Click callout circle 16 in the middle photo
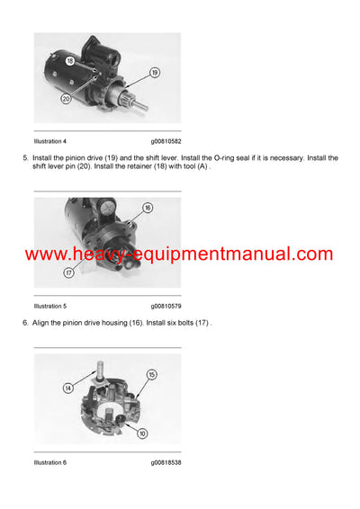tap(148, 208)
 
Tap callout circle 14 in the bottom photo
tap(67, 388)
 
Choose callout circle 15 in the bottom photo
tap(152, 374)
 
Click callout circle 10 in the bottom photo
tap(142, 433)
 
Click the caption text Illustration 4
tap(50, 141)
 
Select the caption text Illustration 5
tap(50, 306)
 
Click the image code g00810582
tap(171, 141)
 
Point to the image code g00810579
tap(171, 306)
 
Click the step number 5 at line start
tap(25, 157)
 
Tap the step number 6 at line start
tap(25, 323)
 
